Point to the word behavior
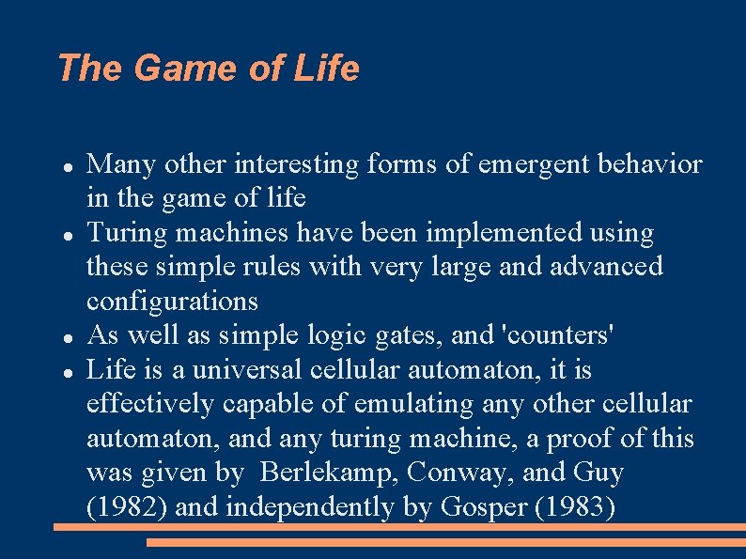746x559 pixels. coord(654,164)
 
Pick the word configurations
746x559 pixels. coord(172,301)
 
